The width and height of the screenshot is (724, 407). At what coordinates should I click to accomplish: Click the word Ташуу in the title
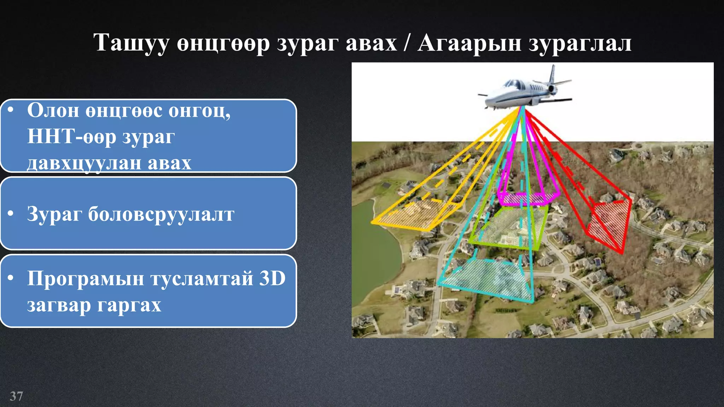tap(131, 43)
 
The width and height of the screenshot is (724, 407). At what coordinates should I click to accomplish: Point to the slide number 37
tap(16, 396)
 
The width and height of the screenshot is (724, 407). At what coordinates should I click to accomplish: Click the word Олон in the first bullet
tap(53, 111)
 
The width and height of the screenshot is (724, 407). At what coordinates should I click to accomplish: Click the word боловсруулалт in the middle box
tap(161, 214)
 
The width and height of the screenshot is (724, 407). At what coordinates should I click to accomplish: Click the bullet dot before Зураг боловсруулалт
tap(11, 213)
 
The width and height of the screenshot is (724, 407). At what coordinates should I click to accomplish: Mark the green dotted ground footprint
tap(509, 226)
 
